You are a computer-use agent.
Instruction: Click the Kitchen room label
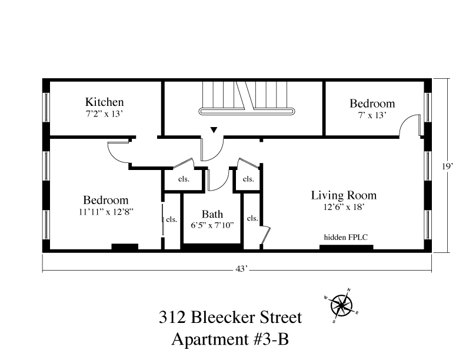(104, 102)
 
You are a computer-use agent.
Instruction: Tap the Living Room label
(344, 195)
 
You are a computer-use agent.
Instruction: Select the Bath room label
(212, 214)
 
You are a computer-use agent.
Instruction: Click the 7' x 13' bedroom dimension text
(372, 115)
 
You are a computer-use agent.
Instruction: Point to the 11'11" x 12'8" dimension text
(105, 212)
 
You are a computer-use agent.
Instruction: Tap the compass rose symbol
(341, 305)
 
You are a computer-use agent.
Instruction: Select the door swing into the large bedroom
(118, 153)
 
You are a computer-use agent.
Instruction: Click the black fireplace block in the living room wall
(347, 247)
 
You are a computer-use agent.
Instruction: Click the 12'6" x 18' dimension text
(344, 206)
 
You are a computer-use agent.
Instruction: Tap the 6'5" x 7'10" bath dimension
(212, 225)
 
